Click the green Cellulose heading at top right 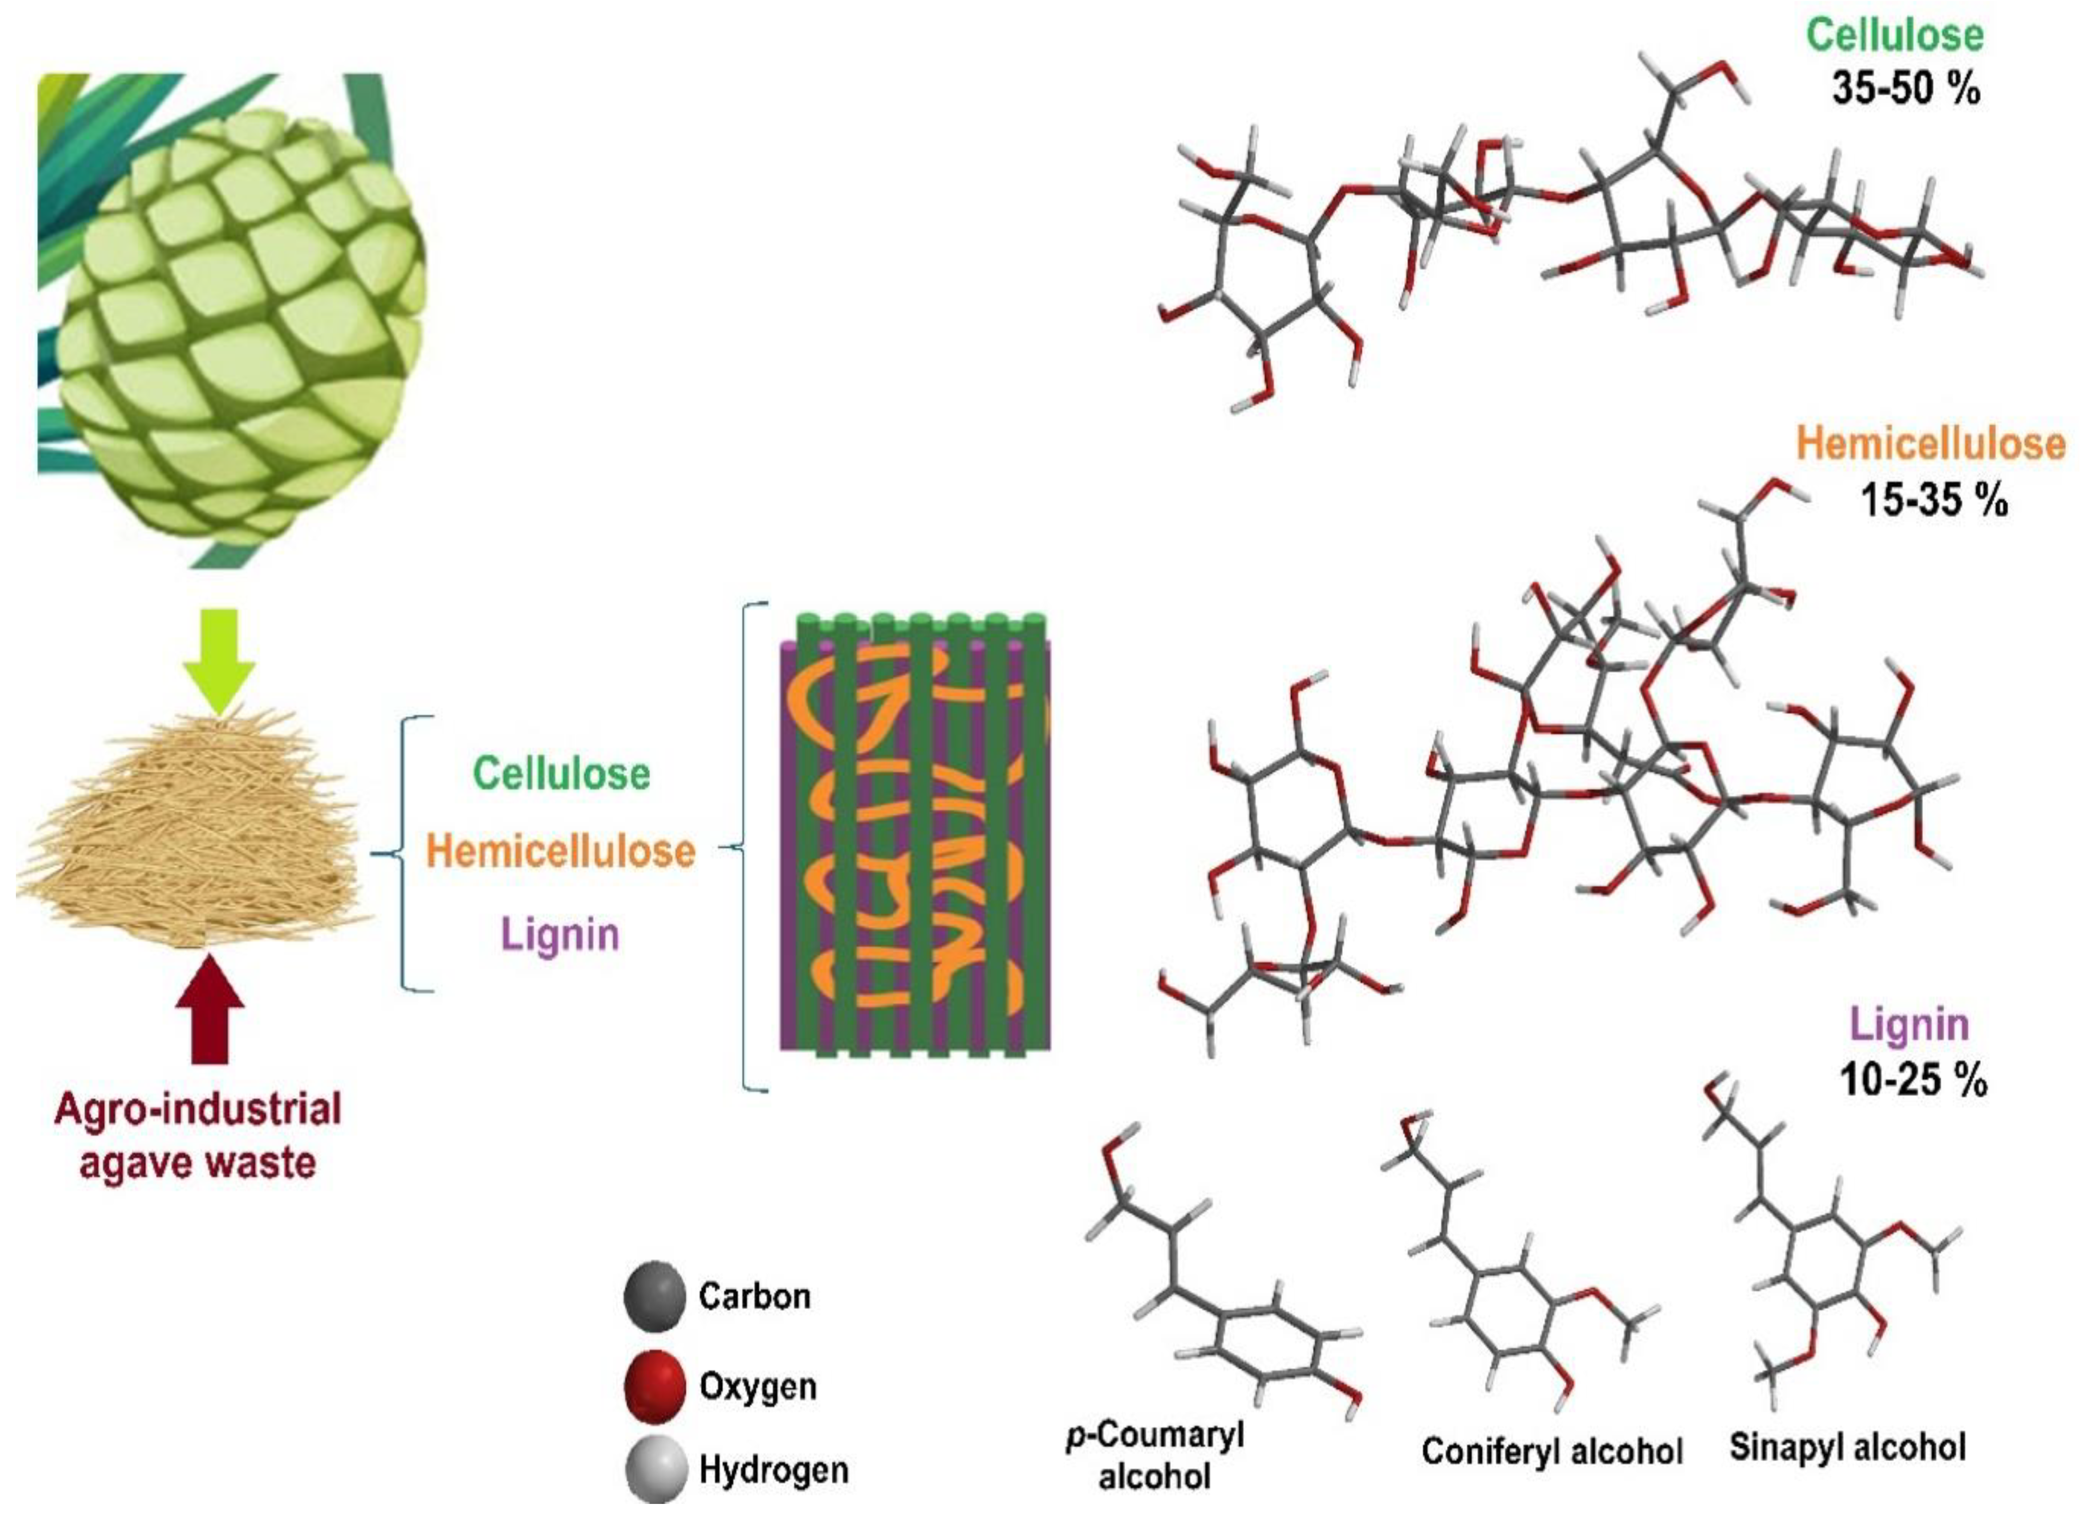[x=1895, y=35]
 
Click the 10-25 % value [x=1913, y=1081]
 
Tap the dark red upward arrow [x=211, y=1009]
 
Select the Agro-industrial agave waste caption [x=197, y=1136]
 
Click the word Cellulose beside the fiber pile [x=562, y=773]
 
